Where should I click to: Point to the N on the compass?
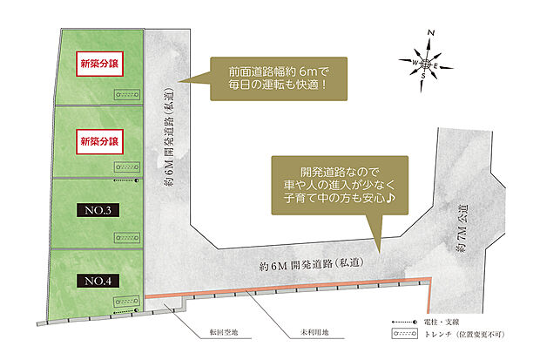(430, 32)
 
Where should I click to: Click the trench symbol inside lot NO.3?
(126, 235)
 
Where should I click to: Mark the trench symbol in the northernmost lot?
(126, 94)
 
